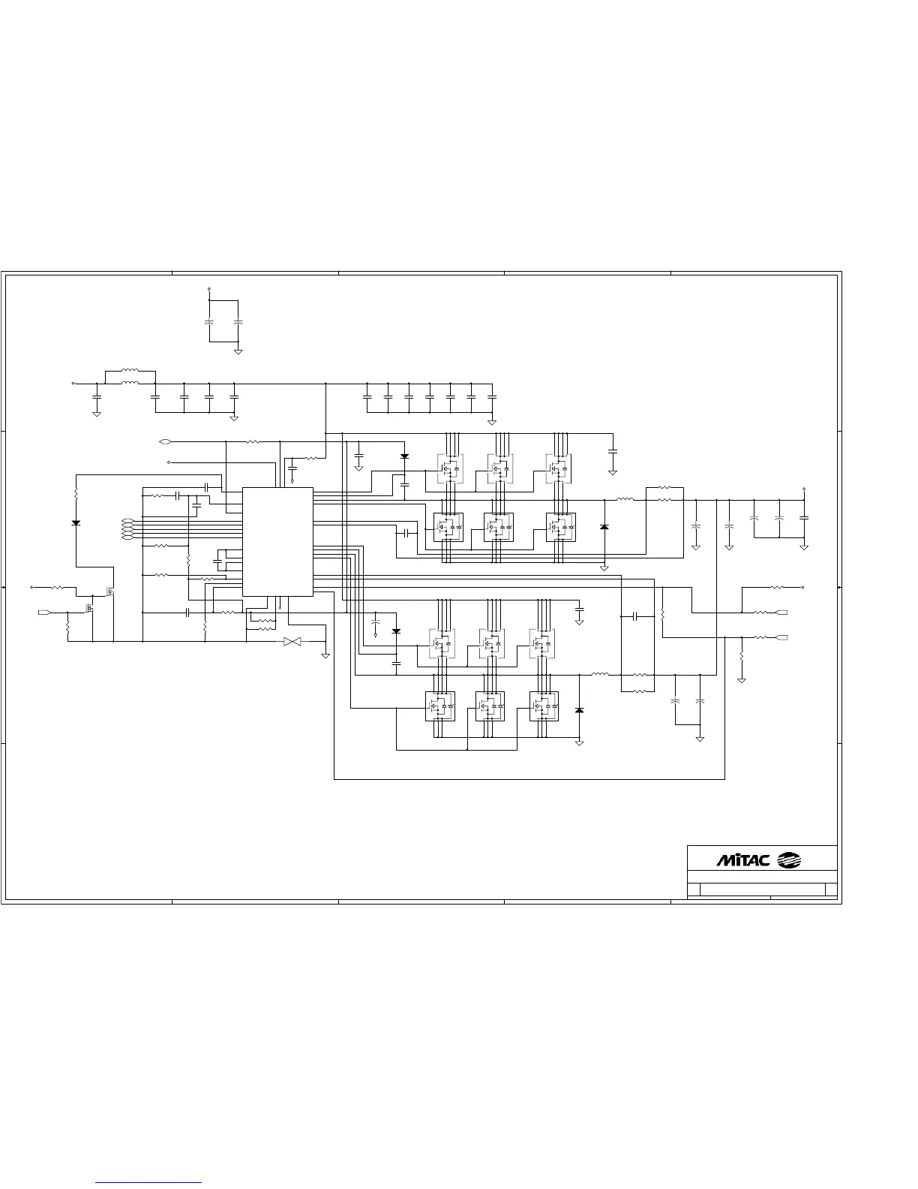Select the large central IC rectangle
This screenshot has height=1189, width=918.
point(277,541)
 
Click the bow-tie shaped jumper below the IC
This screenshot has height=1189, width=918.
point(292,642)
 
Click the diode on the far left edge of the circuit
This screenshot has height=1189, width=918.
point(76,522)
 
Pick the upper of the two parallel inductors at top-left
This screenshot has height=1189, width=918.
point(130,370)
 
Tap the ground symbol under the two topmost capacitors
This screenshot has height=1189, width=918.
point(238,351)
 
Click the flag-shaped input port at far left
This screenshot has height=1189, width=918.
point(44,613)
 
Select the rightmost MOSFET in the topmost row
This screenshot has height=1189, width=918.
point(558,469)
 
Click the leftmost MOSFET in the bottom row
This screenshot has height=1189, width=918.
point(439,706)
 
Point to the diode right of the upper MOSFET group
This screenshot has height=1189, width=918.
point(604,527)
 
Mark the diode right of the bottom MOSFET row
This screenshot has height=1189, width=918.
point(578,709)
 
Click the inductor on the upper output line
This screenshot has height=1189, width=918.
point(625,499)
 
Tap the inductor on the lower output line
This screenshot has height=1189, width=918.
point(600,675)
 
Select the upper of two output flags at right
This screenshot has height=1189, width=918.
point(781,613)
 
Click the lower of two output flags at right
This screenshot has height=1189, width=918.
point(781,637)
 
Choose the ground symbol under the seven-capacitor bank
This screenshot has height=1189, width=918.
point(491,421)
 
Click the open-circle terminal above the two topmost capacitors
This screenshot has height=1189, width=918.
point(208,288)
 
